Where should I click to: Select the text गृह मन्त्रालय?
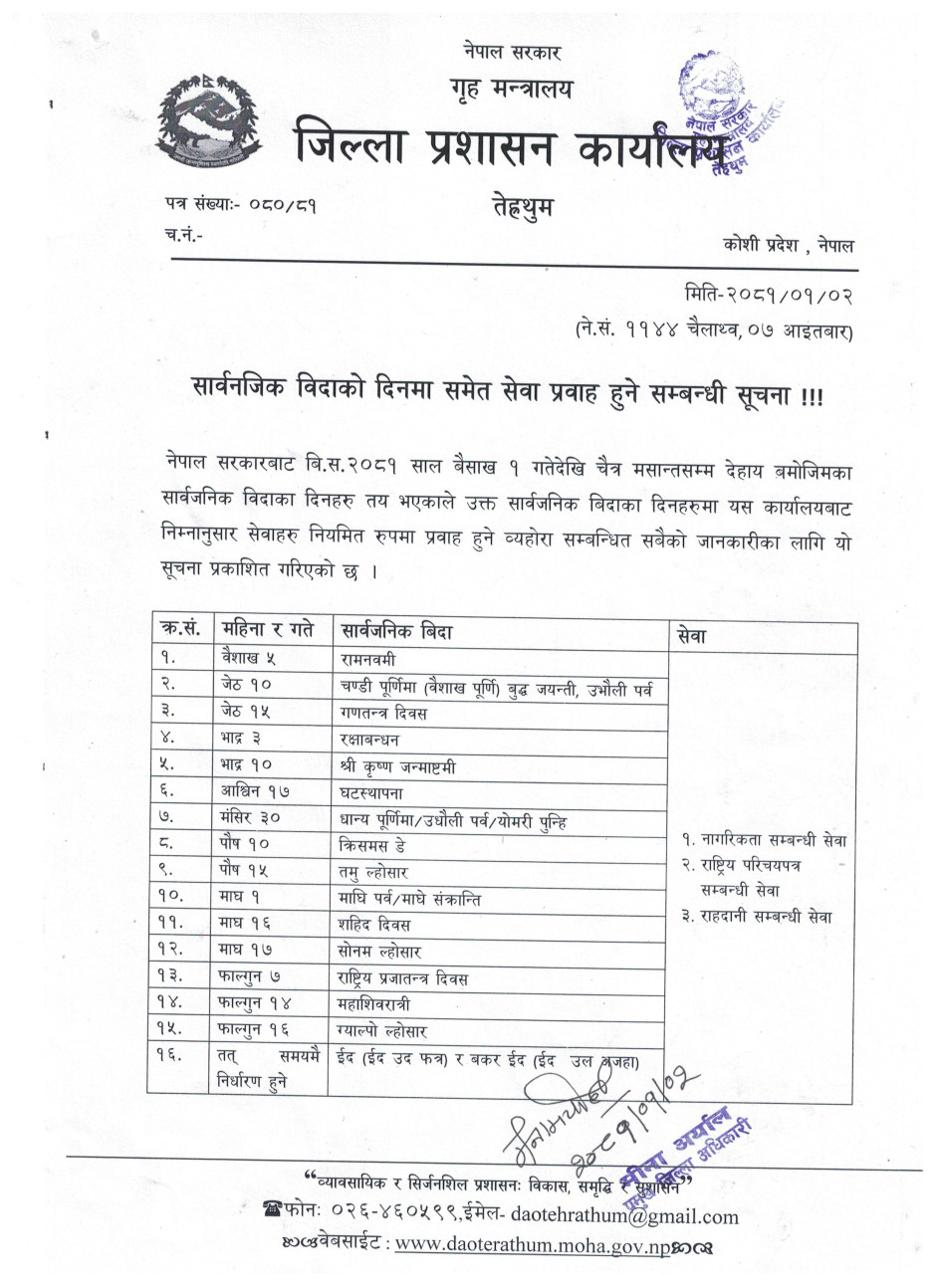[507, 90]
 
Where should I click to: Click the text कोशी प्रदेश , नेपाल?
[789, 244]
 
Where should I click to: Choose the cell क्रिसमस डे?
[371, 844]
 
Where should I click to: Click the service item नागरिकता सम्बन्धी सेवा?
[764, 840]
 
